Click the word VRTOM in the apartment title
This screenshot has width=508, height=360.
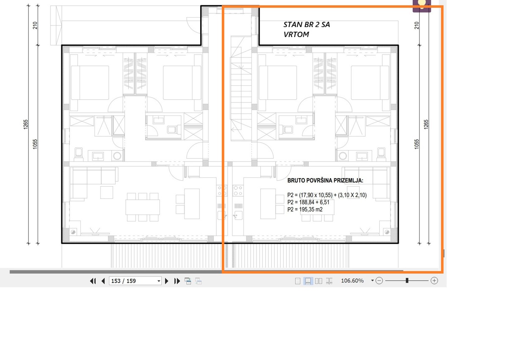tap(296, 34)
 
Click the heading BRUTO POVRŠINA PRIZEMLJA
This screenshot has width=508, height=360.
tap(325, 181)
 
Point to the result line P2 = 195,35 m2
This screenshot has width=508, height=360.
tap(305, 209)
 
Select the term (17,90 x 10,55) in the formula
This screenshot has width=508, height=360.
tap(316, 195)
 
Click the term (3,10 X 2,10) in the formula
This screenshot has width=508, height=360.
tap(352, 195)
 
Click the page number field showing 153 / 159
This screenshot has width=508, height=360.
tap(135, 281)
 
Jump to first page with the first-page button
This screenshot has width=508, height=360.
tap(93, 281)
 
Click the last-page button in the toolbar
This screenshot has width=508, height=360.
tap(177, 281)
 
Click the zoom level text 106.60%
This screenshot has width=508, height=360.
tap(352, 281)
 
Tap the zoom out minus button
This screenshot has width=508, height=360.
tap(379, 281)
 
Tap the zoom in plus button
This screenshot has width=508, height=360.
tap(434, 281)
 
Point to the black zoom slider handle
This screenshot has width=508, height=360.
tap(407, 280)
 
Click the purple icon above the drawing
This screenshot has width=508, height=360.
tap(422, 6)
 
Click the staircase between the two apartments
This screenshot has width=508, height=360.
tap(241, 88)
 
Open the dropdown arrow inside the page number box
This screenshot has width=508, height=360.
tap(159, 281)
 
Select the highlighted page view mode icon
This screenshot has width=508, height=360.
tap(308, 281)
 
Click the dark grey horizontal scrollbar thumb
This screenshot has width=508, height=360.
tap(207, 272)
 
